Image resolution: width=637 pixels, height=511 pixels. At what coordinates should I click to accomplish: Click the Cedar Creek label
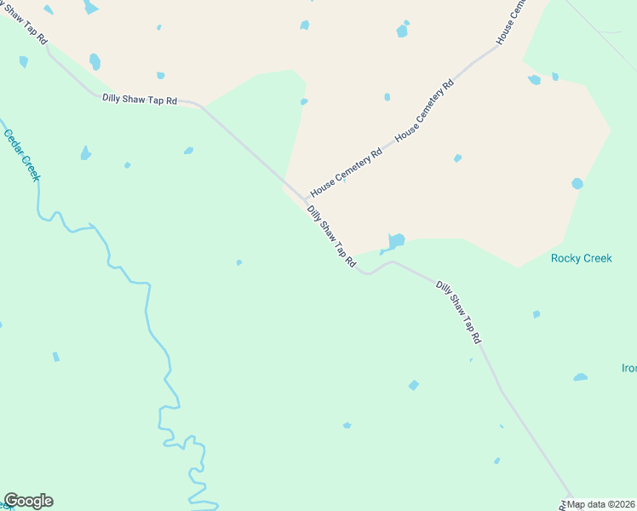click(x=22, y=155)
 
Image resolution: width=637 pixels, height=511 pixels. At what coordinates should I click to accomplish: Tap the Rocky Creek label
click(x=582, y=258)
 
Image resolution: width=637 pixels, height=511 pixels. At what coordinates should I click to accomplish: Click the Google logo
click(x=28, y=501)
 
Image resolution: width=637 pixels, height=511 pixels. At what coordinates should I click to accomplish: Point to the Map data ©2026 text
click(x=600, y=504)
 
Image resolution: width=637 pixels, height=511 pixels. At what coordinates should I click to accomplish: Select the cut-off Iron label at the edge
click(x=628, y=369)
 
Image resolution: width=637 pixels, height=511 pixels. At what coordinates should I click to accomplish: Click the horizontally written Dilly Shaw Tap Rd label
click(x=140, y=100)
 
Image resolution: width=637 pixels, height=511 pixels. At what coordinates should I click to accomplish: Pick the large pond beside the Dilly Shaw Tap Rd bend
click(x=394, y=242)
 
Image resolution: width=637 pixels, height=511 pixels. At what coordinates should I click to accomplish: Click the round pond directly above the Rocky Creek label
click(x=577, y=183)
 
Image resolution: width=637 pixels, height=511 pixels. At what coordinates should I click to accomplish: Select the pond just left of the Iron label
click(x=580, y=376)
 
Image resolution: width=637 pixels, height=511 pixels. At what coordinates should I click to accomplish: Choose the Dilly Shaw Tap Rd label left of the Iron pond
click(x=459, y=312)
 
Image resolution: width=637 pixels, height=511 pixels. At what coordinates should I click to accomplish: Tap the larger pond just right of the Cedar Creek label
click(x=85, y=153)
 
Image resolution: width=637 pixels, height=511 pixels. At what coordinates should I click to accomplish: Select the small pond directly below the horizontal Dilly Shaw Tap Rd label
click(x=188, y=151)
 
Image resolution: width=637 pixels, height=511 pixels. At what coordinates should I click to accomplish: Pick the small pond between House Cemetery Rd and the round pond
click(x=457, y=158)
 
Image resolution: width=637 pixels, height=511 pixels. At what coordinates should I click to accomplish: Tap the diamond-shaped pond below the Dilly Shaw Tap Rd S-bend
click(x=414, y=385)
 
